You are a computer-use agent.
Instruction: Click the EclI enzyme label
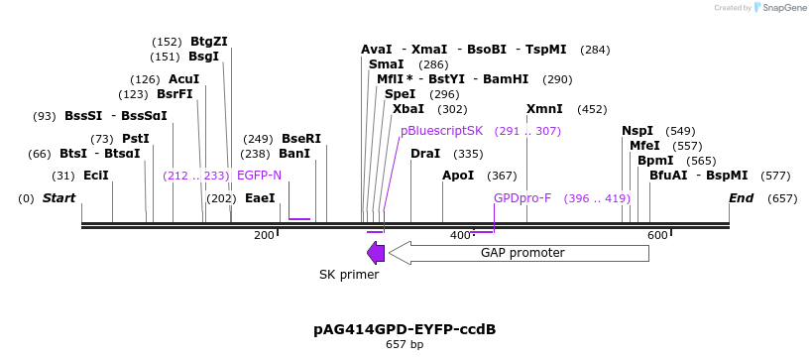pos(96,176)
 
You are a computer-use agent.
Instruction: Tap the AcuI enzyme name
pos(183,78)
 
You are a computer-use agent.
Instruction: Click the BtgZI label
pos(208,42)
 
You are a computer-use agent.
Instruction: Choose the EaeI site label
pos(260,198)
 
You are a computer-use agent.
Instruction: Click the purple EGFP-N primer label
pos(259,176)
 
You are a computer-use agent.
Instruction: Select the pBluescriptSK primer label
pos(441,130)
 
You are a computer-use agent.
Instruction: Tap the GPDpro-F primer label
pos(521,198)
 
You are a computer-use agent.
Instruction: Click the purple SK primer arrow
pos(376,253)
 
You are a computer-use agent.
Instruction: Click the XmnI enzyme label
pos(544,109)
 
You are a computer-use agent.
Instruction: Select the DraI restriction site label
pos(425,154)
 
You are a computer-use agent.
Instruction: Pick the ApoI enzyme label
pos(458,176)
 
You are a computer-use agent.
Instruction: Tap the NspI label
pos(637,130)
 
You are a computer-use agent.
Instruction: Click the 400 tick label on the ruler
pos(461,235)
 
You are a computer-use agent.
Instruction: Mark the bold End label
pos(741,198)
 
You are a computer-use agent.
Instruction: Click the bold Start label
pos(58,198)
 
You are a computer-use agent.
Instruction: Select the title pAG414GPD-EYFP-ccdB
pos(405,328)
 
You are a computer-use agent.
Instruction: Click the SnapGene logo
pos(783,8)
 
